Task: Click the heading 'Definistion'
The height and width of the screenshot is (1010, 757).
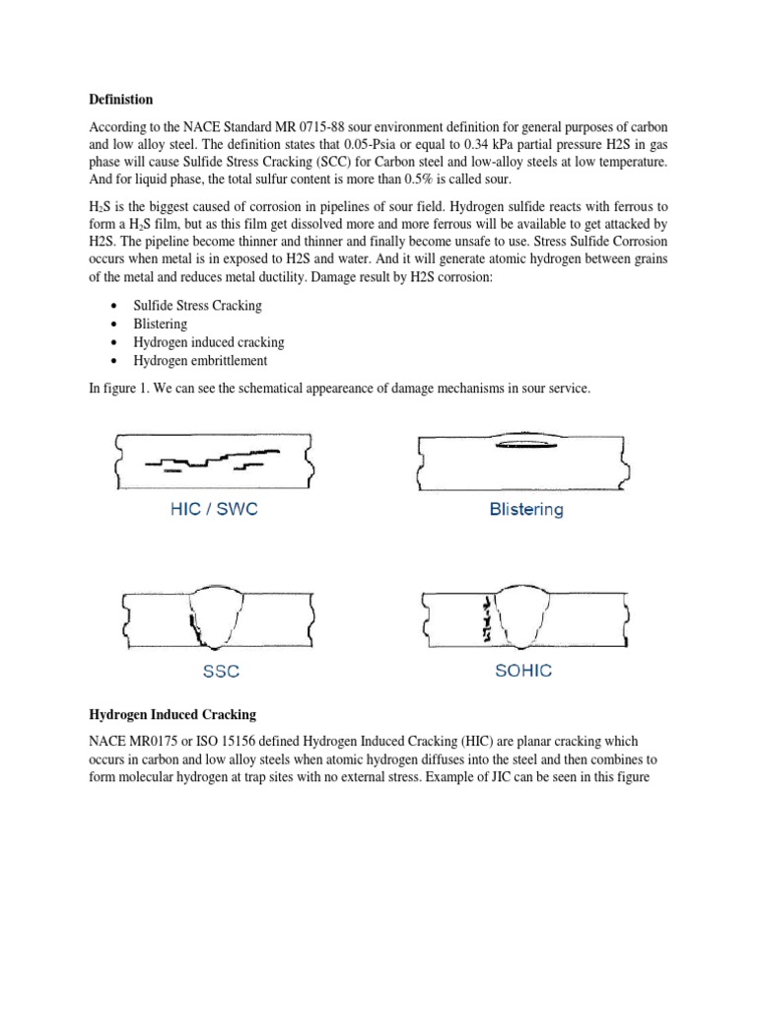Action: pos(120,100)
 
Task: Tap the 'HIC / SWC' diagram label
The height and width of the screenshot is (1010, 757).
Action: pos(215,510)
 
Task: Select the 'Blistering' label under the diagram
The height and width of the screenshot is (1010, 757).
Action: pos(526,510)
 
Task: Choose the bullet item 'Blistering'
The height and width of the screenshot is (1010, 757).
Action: pos(160,324)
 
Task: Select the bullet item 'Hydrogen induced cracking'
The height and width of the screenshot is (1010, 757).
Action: pos(208,342)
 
